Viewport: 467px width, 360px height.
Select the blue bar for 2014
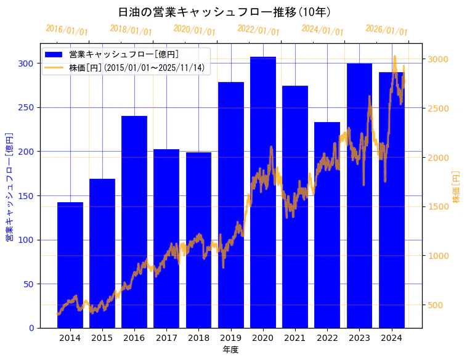click(x=70, y=265)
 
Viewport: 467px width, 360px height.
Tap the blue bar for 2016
click(x=134, y=222)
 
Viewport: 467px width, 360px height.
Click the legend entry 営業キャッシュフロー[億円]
click(x=124, y=54)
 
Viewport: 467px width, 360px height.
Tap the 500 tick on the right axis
click(x=436, y=305)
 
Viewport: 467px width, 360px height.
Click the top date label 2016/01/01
click(x=67, y=30)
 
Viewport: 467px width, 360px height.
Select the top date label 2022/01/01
click(x=258, y=30)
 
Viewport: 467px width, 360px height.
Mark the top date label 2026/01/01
click(x=386, y=30)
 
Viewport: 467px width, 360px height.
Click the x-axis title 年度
click(x=230, y=350)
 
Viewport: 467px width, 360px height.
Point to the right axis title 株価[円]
click(x=457, y=187)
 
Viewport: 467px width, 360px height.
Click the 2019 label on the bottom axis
click(x=230, y=338)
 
